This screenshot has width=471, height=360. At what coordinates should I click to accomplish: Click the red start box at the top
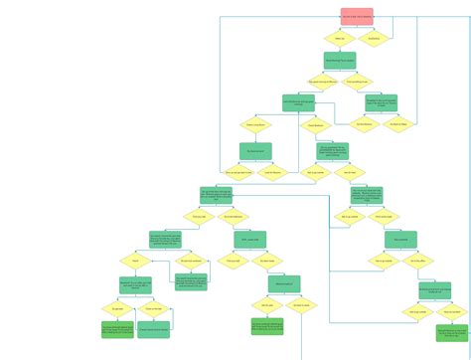point(357,17)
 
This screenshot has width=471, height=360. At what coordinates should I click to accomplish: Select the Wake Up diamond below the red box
point(340,40)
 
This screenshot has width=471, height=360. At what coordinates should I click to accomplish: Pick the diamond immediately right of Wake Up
point(374,40)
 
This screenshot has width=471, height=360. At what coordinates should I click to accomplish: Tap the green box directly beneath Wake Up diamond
point(340,61)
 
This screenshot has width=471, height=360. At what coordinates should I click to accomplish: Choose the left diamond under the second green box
point(323,83)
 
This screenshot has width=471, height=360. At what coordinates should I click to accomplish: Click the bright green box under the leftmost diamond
point(117,329)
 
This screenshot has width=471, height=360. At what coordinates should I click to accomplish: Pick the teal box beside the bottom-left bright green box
point(153,329)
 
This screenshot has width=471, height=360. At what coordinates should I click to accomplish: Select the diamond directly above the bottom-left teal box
point(153,308)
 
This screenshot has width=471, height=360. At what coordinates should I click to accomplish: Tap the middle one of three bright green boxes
point(266,326)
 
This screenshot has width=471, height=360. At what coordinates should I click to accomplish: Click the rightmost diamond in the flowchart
point(451,311)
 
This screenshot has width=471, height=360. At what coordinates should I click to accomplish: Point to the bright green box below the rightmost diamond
point(451,332)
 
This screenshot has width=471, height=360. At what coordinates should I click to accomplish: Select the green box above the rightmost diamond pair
point(434,290)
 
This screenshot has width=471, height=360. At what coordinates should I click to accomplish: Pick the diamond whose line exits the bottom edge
point(300,306)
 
